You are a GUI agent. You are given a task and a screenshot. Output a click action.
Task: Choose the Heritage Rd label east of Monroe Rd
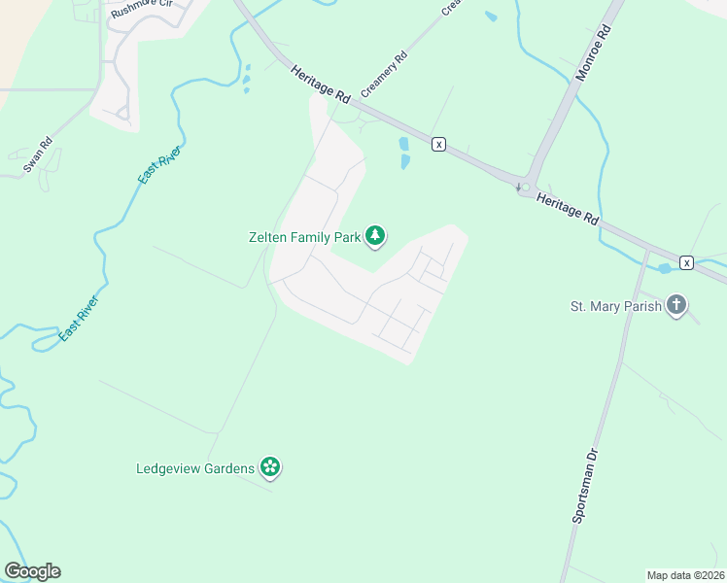point(567,208)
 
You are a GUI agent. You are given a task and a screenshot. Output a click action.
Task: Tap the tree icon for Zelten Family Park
point(375,236)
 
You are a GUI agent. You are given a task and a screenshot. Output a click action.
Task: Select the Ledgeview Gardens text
point(195,468)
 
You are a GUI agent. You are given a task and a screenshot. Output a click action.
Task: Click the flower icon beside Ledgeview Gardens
point(270,468)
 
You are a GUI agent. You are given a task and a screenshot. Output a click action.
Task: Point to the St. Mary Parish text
point(616,307)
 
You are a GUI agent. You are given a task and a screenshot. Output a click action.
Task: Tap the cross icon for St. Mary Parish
point(676,307)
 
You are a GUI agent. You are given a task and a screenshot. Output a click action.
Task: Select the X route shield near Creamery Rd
point(439,144)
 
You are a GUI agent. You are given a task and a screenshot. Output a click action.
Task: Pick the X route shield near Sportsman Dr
point(687,262)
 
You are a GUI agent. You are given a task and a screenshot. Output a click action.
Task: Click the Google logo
point(32,571)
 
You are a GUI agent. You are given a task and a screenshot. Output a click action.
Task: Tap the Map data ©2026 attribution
point(685,575)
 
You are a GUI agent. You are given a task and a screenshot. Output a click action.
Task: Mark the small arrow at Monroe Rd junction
point(519,187)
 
